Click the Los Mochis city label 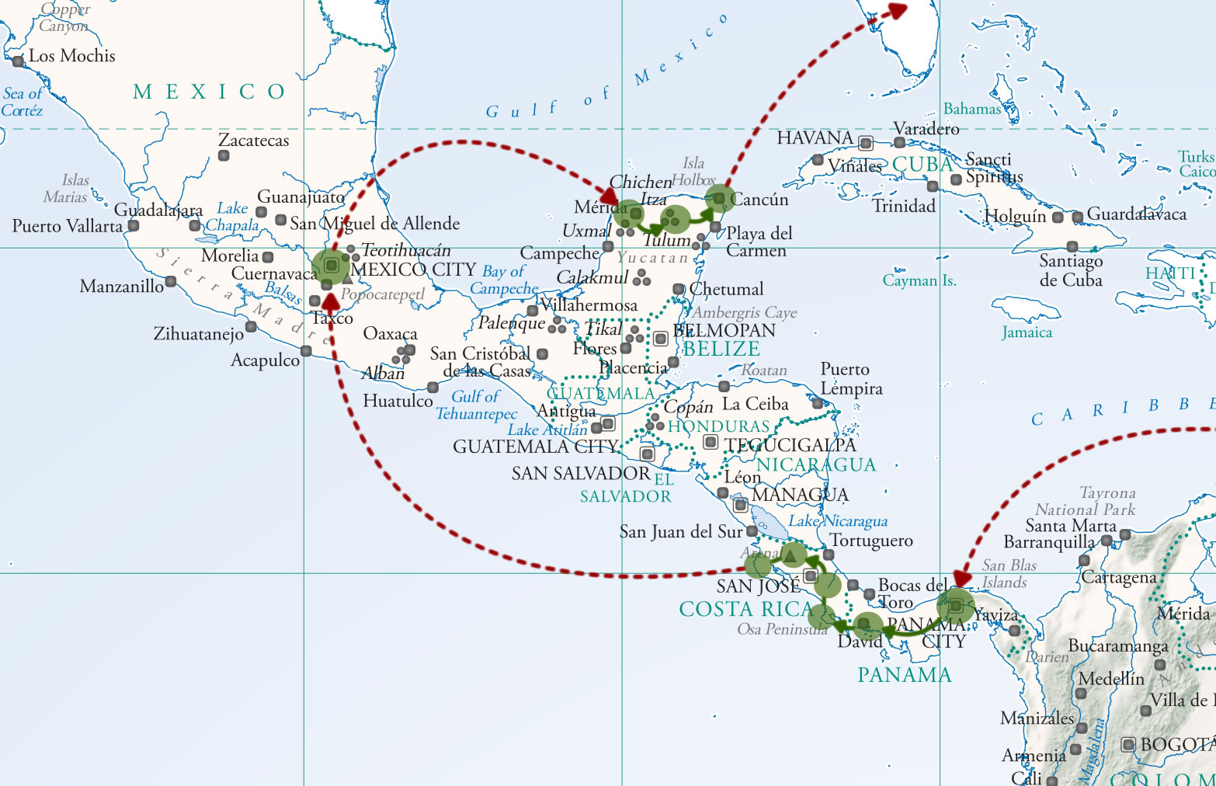71,56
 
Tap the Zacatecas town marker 224,156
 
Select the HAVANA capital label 815,138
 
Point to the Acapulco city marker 306,352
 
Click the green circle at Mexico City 331,266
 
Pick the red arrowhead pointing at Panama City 962,579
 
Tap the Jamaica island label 1027,332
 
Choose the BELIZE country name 721,350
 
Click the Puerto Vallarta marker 134,226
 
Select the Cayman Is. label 919,280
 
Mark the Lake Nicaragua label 838,521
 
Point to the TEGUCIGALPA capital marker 710,442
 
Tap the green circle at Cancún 719,199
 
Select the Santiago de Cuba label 1071,270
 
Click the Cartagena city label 1119,577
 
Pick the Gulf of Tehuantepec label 476,405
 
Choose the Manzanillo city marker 170,282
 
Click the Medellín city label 1111,679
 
